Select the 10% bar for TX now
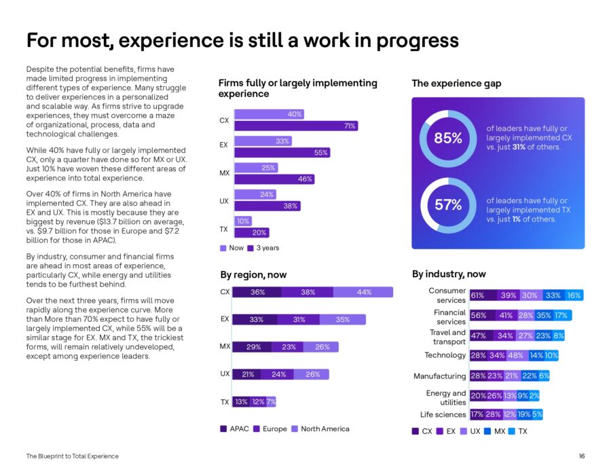tap(242, 221)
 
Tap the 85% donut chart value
tap(448, 138)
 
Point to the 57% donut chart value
tap(448, 204)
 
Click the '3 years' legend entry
tap(265, 248)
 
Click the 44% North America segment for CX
tap(363, 292)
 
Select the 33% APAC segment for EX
tap(255, 319)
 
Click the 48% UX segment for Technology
tap(515, 355)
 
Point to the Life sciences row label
tap(443, 414)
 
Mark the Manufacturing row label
tap(440, 376)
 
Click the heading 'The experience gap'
tap(456, 84)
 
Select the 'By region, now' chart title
tap(253, 275)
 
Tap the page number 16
tap(582, 456)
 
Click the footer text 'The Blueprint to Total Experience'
tap(72, 456)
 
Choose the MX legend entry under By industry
tap(495, 431)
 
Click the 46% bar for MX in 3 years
tap(274, 179)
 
